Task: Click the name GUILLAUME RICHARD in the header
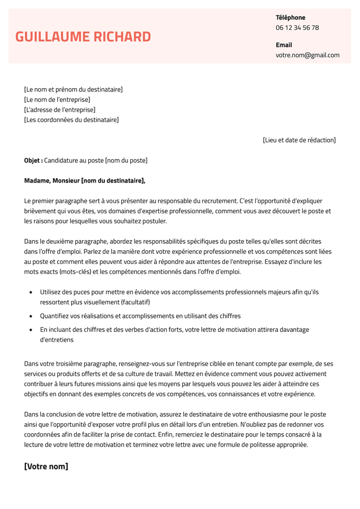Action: [x=83, y=37]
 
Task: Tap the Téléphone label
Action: [x=290, y=17]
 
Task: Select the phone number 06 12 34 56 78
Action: [x=297, y=28]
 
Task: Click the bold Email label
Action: [x=284, y=45]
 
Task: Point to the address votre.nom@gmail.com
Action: [x=307, y=55]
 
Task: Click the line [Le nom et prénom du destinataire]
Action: [x=74, y=89]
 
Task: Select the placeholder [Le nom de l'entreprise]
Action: [x=57, y=99]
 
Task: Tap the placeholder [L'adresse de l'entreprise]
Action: [x=60, y=110]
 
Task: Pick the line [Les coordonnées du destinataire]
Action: [x=71, y=120]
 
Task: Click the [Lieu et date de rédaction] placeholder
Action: [x=299, y=140]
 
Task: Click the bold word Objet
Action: [x=32, y=160]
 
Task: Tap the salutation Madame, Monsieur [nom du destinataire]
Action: [x=85, y=180]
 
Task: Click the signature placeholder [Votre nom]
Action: [x=46, y=467]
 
